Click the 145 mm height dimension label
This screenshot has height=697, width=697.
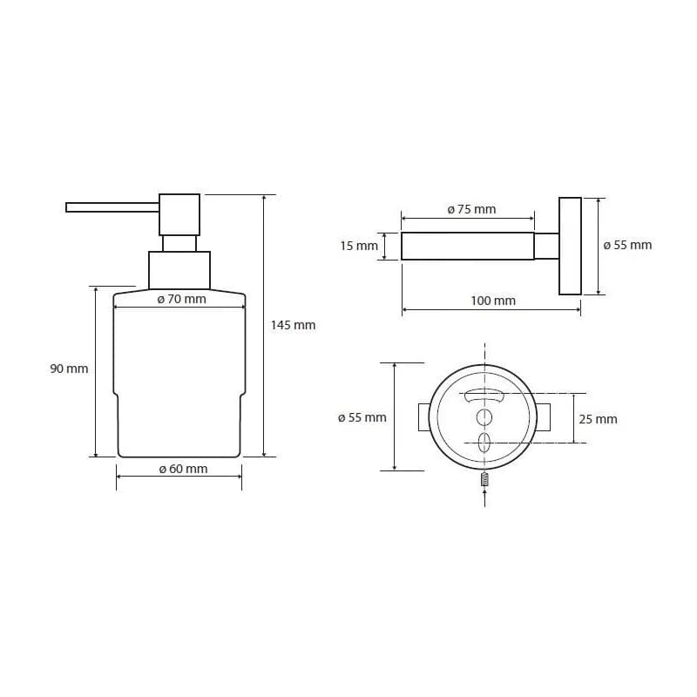(293, 325)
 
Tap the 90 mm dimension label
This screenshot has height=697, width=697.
(69, 369)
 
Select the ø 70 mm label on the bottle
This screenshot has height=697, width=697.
(181, 299)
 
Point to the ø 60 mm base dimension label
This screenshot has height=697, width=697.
(183, 469)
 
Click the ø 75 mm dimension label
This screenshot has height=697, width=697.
(471, 209)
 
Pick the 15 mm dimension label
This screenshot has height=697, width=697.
(359, 246)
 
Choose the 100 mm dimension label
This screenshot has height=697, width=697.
(493, 301)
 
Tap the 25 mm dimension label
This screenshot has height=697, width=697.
(598, 419)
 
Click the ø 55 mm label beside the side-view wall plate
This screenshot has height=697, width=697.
(627, 245)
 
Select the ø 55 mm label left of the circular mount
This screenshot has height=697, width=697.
(362, 417)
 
